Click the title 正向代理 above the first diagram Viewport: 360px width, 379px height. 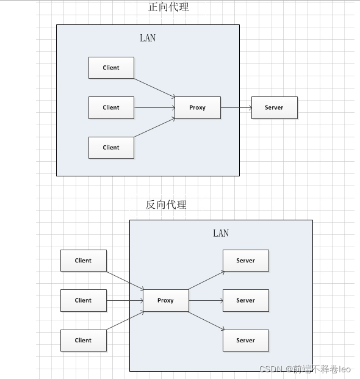[x=168, y=7]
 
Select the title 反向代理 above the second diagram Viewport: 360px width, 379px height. [x=166, y=204]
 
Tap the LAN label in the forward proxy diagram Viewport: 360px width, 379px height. [x=148, y=38]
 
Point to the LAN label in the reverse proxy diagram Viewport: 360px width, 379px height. [x=221, y=233]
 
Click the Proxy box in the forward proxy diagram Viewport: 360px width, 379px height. [x=198, y=107]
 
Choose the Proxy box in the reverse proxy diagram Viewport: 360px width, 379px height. [x=166, y=300]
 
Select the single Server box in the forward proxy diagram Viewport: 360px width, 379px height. [x=275, y=107]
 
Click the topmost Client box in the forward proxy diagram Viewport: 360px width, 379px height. [x=111, y=68]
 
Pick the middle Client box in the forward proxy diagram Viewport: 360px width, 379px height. [x=111, y=107]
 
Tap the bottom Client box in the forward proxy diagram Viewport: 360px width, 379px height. [x=111, y=148]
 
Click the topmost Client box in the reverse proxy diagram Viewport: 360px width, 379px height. [x=84, y=261]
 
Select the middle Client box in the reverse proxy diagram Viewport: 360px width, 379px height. [x=84, y=300]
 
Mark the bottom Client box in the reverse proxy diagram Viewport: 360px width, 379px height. [x=84, y=341]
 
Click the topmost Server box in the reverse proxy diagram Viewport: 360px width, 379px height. [x=246, y=261]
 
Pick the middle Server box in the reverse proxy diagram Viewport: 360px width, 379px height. [x=246, y=300]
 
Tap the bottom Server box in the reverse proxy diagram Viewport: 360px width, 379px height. [x=246, y=341]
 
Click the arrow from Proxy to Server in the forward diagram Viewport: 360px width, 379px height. [x=236, y=108]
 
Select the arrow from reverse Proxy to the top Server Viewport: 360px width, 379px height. [x=206, y=280]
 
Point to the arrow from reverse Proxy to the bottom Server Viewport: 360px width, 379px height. [x=206, y=321]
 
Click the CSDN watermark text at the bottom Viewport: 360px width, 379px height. [x=305, y=369]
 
